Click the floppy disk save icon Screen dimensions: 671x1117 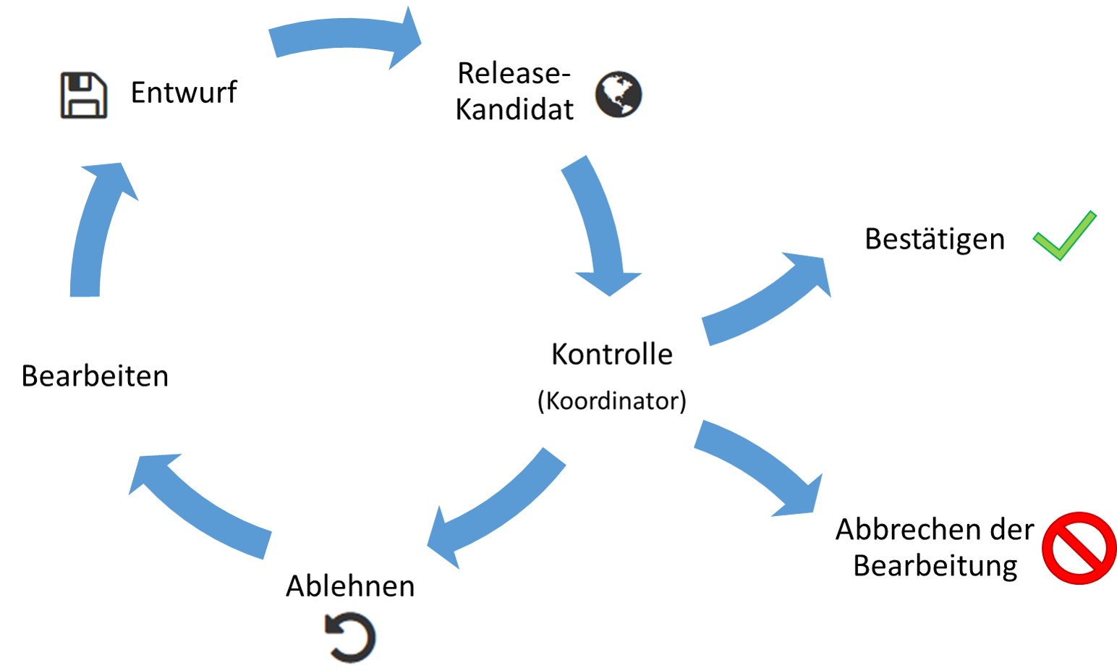tap(84, 95)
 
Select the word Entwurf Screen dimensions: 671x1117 tap(184, 93)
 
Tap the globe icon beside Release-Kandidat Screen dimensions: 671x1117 tap(619, 95)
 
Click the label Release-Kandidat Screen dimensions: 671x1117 tap(514, 91)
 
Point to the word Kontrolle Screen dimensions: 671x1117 tap(612, 354)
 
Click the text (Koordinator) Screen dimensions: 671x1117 tap(612, 400)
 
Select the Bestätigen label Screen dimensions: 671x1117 tap(935, 239)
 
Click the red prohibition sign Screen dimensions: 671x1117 tap(1079, 548)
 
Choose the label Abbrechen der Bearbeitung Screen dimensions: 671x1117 tap(935, 547)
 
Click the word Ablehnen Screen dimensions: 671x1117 tap(350, 586)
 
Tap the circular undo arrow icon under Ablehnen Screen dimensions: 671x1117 tap(350, 638)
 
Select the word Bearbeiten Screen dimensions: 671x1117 tap(95, 376)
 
